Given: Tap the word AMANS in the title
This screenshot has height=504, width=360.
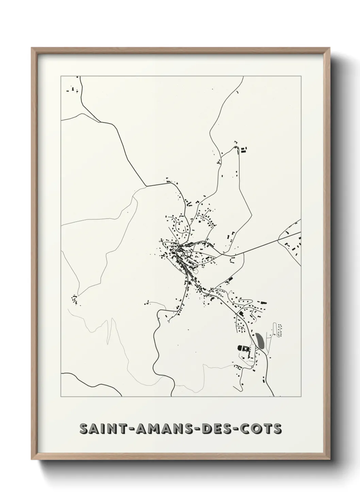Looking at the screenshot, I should pos(162,429).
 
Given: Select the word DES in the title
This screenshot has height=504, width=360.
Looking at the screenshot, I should pos(217,429).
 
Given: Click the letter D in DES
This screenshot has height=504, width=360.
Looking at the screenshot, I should pos(206,429).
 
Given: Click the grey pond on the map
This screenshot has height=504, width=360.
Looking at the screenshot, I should pos(260,340).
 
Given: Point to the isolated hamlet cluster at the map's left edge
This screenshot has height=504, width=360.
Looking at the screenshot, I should pos(74,300).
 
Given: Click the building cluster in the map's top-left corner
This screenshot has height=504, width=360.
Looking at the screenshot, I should pos(73,90).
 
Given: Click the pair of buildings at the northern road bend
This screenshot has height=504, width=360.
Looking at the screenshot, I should pos(244,149).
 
